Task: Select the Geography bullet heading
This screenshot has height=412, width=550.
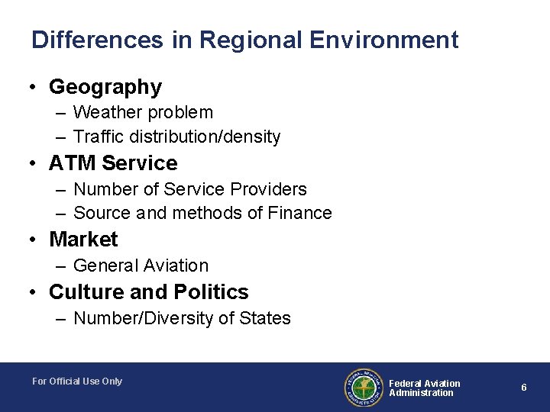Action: tap(105, 88)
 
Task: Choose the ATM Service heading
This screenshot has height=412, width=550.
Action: tap(113, 163)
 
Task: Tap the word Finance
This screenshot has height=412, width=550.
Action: tap(299, 214)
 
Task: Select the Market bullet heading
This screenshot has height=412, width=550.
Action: tap(83, 240)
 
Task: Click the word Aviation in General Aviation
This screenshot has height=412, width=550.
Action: tap(175, 266)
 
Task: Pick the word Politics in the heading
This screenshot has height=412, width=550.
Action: tap(211, 292)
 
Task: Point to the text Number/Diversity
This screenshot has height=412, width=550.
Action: tap(144, 318)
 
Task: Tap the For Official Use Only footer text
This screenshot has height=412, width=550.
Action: tap(77, 381)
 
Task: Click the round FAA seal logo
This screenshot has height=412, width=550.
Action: tap(363, 387)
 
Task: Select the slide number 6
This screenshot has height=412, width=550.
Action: tap(524, 388)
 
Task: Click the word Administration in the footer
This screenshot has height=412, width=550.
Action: tap(421, 393)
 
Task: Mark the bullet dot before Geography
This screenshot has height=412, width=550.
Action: tap(35, 88)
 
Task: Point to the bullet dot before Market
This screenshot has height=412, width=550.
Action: tap(35, 240)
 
